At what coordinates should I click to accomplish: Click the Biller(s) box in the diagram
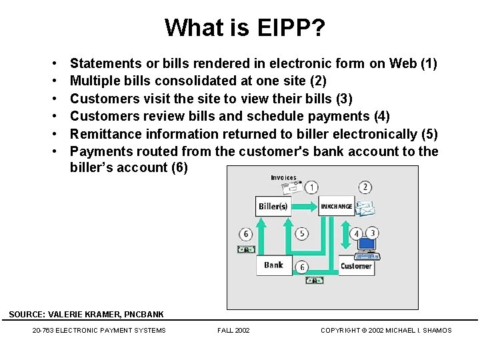click(x=273, y=206)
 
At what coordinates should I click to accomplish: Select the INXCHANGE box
click(x=337, y=206)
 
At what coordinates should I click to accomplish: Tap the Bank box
click(x=273, y=265)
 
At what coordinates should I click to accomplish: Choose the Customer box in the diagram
click(x=356, y=266)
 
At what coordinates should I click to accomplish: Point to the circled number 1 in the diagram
click(x=311, y=187)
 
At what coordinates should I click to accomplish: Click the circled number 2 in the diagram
click(x=365, y=187)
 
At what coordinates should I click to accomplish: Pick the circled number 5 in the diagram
click(x=302, y=233)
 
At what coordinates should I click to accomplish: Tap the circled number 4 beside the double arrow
click(x=357, y=233)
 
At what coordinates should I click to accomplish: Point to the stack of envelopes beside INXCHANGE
click(x=365, y=208)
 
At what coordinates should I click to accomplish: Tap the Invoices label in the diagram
click(x=283, y=177)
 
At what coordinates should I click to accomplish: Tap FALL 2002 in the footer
click(x=234, y=330)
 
